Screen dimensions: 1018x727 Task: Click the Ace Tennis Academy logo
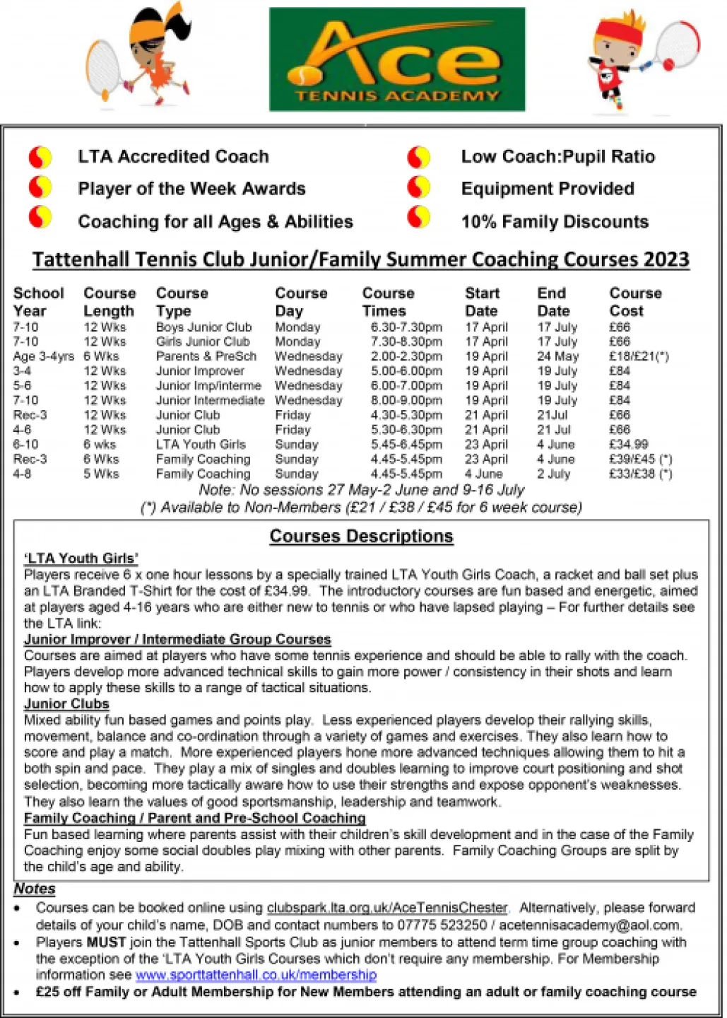pyautogui.click(x=397, y=59)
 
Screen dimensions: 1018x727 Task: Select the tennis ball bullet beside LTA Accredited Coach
pyautogui.click(x=40, y=156)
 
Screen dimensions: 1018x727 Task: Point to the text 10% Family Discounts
pyautogui.click(x=555, y=222)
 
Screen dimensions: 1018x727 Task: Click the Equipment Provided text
pyautogui.click(x=548, y=189)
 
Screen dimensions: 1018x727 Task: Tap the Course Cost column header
pyautogui.click(x=635, y=302)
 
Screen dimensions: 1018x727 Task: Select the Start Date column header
pyautogui.click(x=482, y=302)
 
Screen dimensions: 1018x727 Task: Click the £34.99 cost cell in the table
pyautogui.click(x=628, y=445)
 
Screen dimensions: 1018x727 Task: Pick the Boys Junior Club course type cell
pyautogui.click(x=203, y=327)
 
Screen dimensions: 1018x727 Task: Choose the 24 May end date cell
pyautogui.click(x=557, y=356)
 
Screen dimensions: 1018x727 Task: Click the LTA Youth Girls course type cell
pyautogui.click(x=201, y=445)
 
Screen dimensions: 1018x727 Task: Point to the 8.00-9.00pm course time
pyautogui.click(x=406, y=401)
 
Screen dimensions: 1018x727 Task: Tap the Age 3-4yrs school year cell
pyautogui.click(x=43, y=356)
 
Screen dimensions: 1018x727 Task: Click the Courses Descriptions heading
pyautogui.click(x=361, y=537)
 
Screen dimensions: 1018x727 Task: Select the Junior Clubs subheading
pyautogui.click(x=66, y=704)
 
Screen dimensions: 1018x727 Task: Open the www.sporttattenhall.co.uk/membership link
pyautogui.click(x=256, y=975)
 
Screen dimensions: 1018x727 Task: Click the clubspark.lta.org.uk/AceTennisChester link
pyautogui.click(x=386, y=908)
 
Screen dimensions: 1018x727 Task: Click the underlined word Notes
pyautogui.click(x=35, y=889)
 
